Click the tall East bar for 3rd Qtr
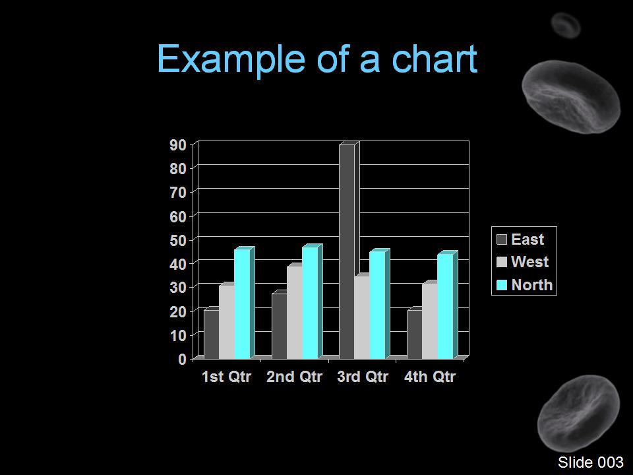tap(347, 251)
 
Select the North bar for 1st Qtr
tap(242, 303)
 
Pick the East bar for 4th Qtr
tap(415, 334)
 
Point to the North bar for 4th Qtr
tap(445, 306)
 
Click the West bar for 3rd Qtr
tap(362, 317)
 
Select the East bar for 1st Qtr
tap(212, 334)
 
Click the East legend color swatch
tap(501, 239)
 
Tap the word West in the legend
tap(529, 262)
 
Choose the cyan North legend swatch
tap(501, 285)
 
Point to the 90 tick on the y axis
tap(178, 145)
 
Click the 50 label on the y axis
tap(178, 240)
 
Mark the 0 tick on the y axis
tap(183, 359)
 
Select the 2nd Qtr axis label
tap(294, 377)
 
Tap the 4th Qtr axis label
tap(429, 377)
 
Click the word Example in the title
tap(231, 59)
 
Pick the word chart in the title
tap(435, 59)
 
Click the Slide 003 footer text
tap(591, 462)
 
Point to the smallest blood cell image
tap(566, 26)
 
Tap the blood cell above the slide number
tap(578, 413)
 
